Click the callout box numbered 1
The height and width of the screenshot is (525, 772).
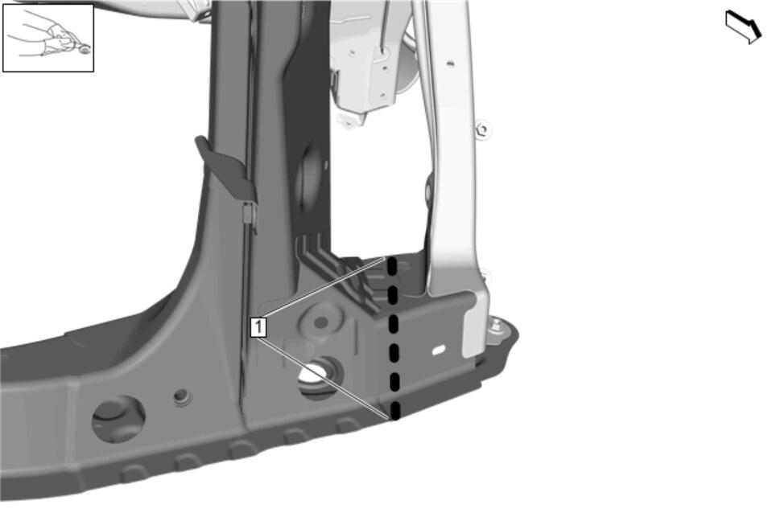[258, 327]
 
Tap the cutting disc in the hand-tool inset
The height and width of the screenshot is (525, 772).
[85, 49]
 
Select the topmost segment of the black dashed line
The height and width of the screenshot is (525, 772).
[392, 266]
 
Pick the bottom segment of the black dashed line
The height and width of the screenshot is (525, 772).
[395, 411]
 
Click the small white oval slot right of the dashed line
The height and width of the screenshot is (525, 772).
[438, 350]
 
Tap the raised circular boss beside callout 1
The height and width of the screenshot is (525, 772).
[321, 322]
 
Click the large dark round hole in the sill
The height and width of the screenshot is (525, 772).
[118, 419]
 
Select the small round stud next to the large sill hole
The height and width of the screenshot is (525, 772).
[182, 396]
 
